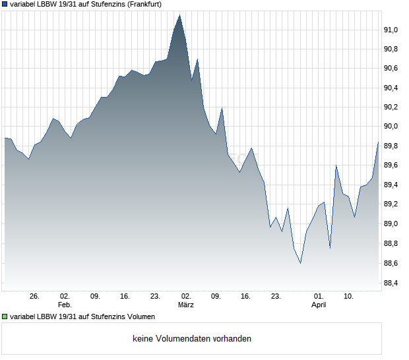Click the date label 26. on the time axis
click(x=35, y=296)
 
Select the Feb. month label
click(x=64, y=305)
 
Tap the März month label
click(x=185, y=305)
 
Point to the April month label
click(x=319, y=305)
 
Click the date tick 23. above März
click(x=156, y=296)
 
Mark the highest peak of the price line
click(x=179, y=15)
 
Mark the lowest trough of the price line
click(x=300, y=263)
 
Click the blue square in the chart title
click(x=5, y=4)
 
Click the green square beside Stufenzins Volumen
click(x=5, y=317)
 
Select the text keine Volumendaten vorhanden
click(x=191, y=339)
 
